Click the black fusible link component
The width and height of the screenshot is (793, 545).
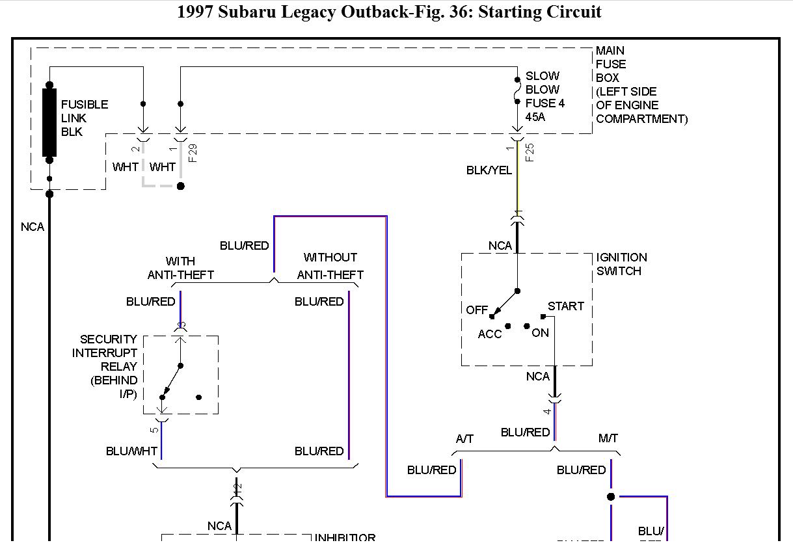pyautogui.click(x=49, y=122)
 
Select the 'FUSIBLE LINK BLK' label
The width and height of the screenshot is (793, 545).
pyautogui.click(x=84, y=118)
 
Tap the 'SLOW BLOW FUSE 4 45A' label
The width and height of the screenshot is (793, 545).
pyautogui.click(x=544, y=96)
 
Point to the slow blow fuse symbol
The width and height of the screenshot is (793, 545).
pyautogui.click(x=517, y=90)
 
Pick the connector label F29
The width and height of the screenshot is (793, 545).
pyautogui.click(x=193, y=152)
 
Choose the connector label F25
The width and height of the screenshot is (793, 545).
pyautogui.click(x=530, y=152)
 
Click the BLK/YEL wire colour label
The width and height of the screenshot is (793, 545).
pyautogui.click(x=489, y=170)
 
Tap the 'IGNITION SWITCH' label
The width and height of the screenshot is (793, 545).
pyautogui.click(x=621, y=264)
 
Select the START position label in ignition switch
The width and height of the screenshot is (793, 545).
pyautogui.click(x=565, y=306)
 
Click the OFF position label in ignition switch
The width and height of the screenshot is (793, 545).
pyautogui.click(x=477, y=310)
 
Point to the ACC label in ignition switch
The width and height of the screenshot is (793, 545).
pyautogui.click(x=490, y=334)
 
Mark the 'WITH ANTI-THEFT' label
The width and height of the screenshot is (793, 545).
pyautogui.click(x=180, y=268)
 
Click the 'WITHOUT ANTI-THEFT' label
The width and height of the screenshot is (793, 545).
pyautogui.click(x=330, y=267)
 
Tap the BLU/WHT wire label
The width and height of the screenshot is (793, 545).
pyautogui.click(x=131, y=451)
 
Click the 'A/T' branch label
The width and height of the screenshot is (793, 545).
pyautogui.click(x=464, y=439)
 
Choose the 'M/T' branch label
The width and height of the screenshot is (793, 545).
pyautogui.click(x=608, y=439)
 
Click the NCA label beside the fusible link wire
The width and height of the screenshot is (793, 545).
pyautogui.click(x=33, y=227)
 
